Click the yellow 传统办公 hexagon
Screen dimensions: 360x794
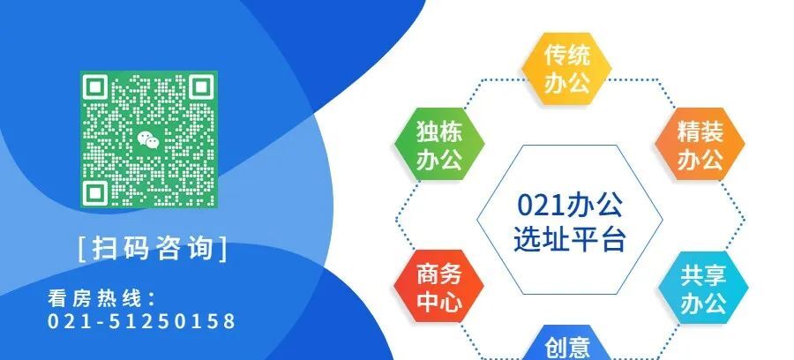(x=566, y=69)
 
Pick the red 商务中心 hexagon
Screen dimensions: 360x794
(x=438, y=288)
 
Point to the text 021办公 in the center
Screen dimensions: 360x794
(x=569, y=206)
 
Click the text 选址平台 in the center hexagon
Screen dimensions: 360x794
(x=569, y=238)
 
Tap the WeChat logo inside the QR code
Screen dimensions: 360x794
(x=148, y=139)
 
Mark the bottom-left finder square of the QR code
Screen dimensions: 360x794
(x=96, y=191)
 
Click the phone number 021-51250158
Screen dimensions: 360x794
(x=142, y=321)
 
